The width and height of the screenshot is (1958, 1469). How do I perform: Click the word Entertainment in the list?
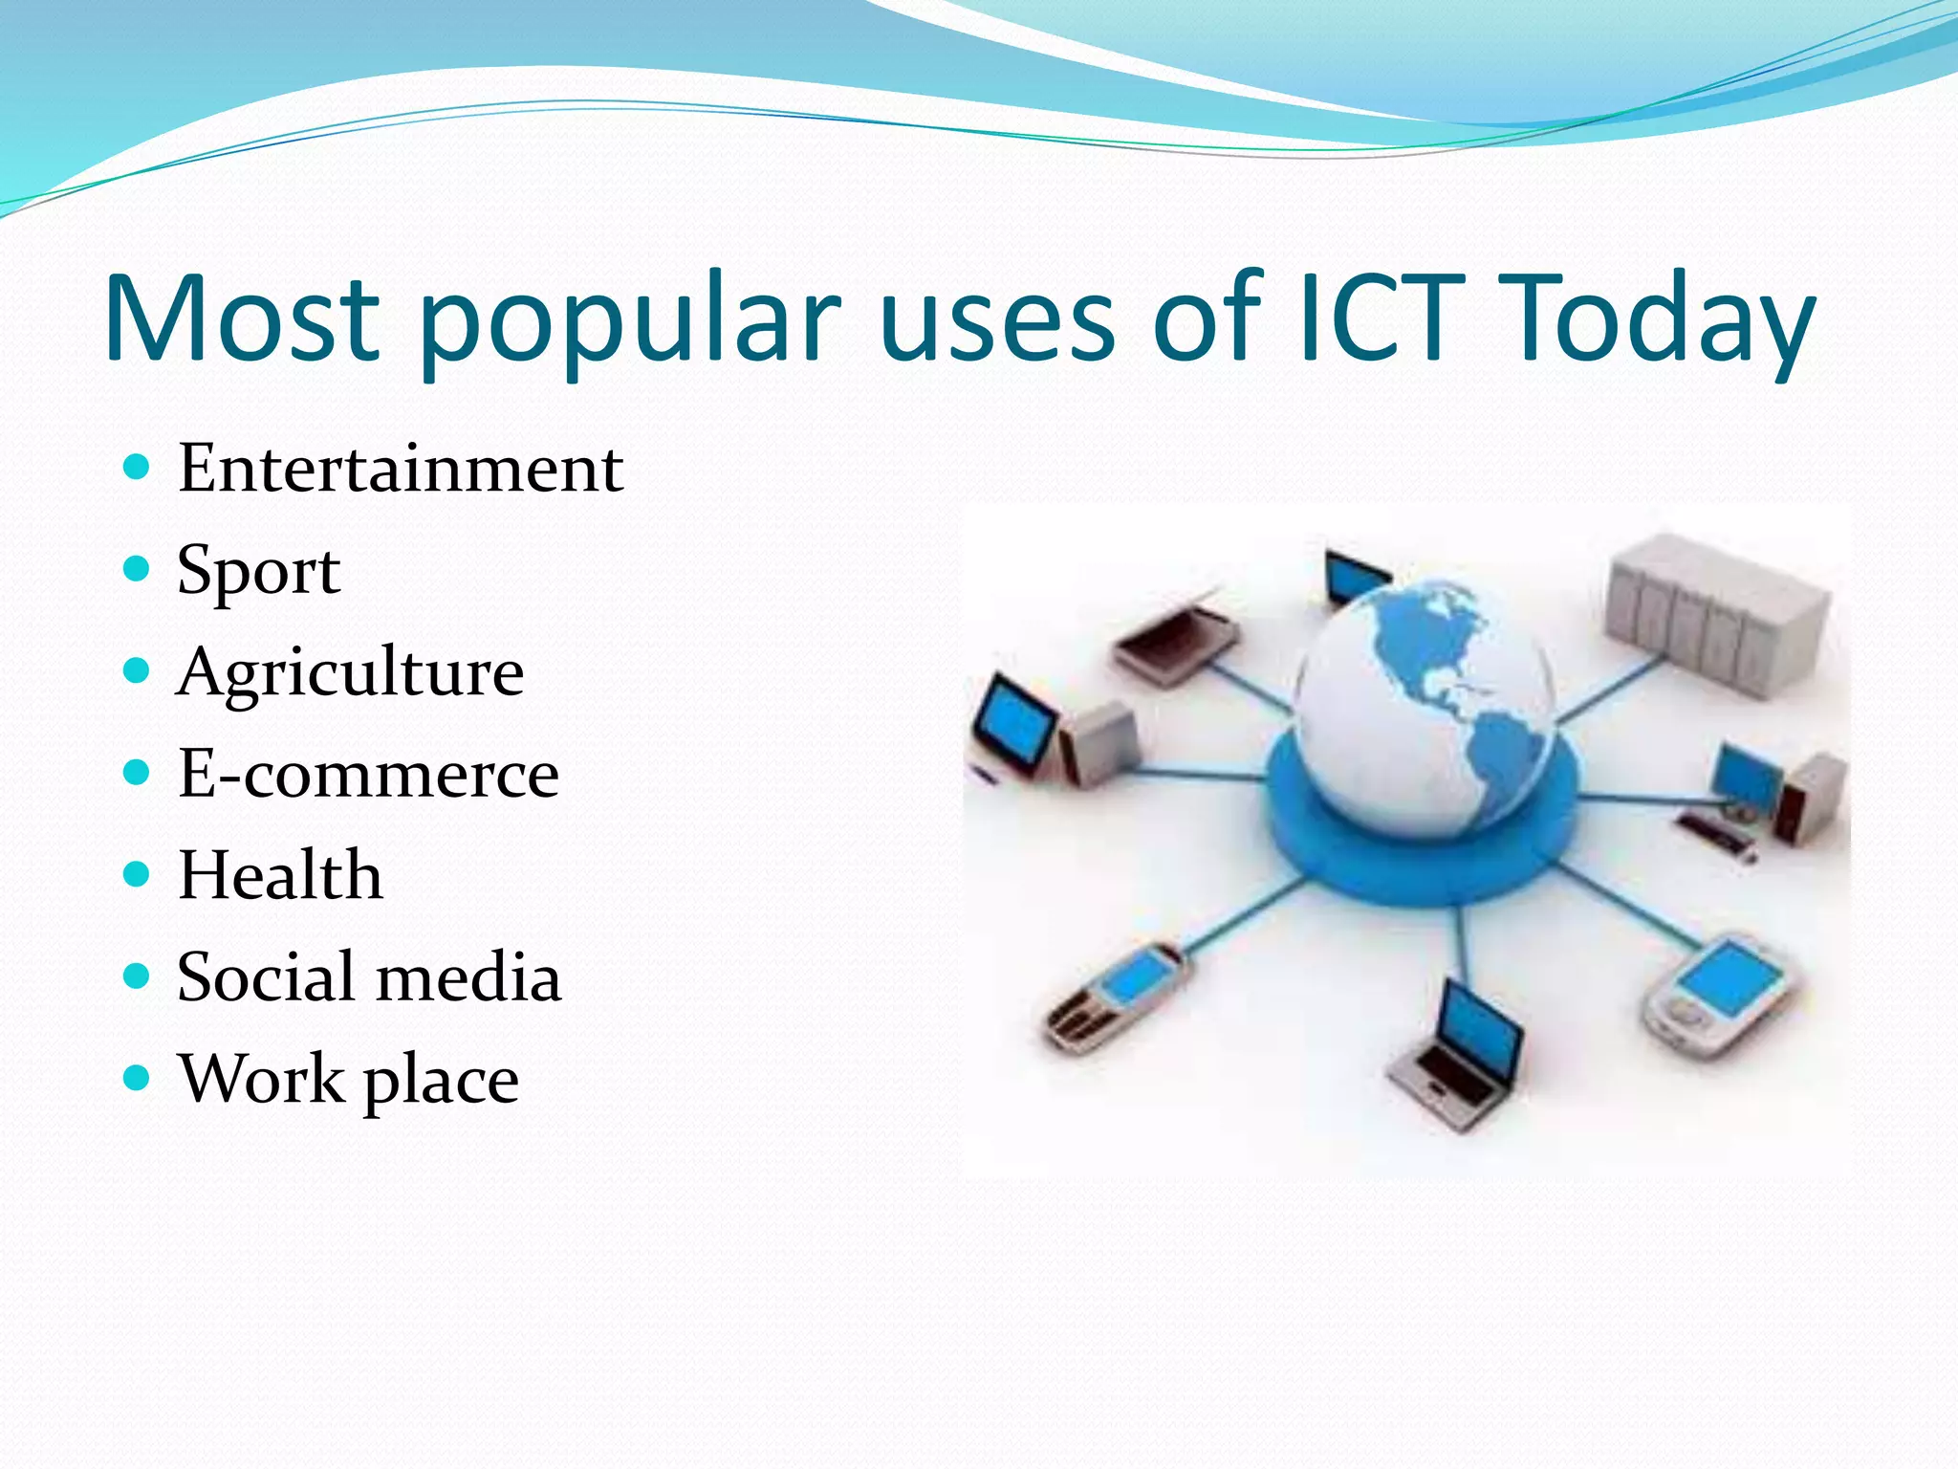tap(400, 469)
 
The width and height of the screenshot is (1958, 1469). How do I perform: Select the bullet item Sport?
tap(258, 571)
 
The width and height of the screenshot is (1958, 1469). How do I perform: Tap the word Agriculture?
tap(350, 672)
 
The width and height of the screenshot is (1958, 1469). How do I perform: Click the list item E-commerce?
tap(368, 774)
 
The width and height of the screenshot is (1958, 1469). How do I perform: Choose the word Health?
tap(280, 875)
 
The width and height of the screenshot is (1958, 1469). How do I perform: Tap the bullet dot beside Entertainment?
tap(138, 468)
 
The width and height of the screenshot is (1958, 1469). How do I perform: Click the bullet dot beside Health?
tap(138, 874)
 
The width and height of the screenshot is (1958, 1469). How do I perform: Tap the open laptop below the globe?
tap(1458, 1057)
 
